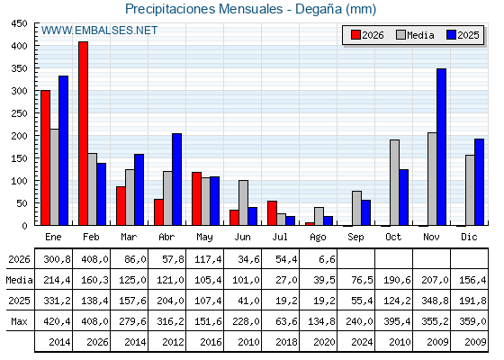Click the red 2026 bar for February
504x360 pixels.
[x=83, y=133]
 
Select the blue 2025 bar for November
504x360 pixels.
[x=441, y=147]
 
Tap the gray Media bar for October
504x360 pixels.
[x=394, y=183]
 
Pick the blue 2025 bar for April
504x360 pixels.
[x=176, y=179]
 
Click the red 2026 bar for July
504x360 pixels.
[x=272, y=213]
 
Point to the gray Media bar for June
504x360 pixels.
[x=243, y=202]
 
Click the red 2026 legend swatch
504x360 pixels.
[x=355, y=35]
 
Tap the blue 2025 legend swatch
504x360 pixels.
[x=451, y=35]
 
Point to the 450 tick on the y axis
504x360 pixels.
[x=19, y=23]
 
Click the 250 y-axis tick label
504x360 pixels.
[x=19, y=113]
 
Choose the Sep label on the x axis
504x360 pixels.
[x=355, y=237]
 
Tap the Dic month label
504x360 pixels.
[x=469, y=237]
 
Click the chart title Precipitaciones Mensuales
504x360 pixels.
[x=203, y=9]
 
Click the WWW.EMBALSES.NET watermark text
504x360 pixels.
[x=99, y=31]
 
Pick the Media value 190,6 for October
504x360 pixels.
[x=397, y=280]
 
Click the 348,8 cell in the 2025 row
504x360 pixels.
[x=435, y=301]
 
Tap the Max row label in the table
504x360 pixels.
[x=19, y=321]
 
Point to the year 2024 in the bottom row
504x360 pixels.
[x=362, y=342]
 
